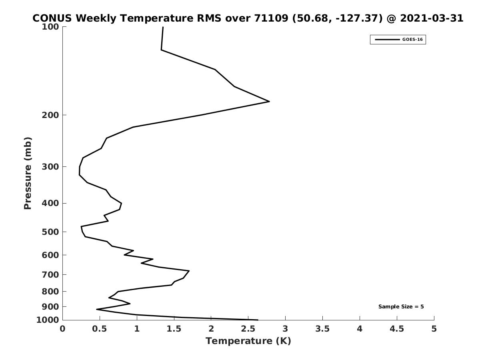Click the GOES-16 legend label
(412, 40)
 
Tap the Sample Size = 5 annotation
(401, 306)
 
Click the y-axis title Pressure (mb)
(28, 173)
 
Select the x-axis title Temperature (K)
(248, 341)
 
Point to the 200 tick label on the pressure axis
(50, 115)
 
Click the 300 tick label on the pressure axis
(50, 167)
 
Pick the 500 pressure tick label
(50, 232)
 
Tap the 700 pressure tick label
(50, 274)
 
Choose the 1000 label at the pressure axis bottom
(48, 320)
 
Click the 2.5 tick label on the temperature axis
(248, 329)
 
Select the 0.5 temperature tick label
(100, 329)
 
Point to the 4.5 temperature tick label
(397, 329)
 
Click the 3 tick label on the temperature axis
(285, 329)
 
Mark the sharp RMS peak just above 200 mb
(269, 102)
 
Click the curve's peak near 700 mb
(189, 271)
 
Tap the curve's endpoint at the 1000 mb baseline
(258, 320)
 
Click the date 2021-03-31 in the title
(432, 18)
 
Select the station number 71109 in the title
(271, 18)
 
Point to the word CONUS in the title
(52, 18)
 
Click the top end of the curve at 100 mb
(163, 27)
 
